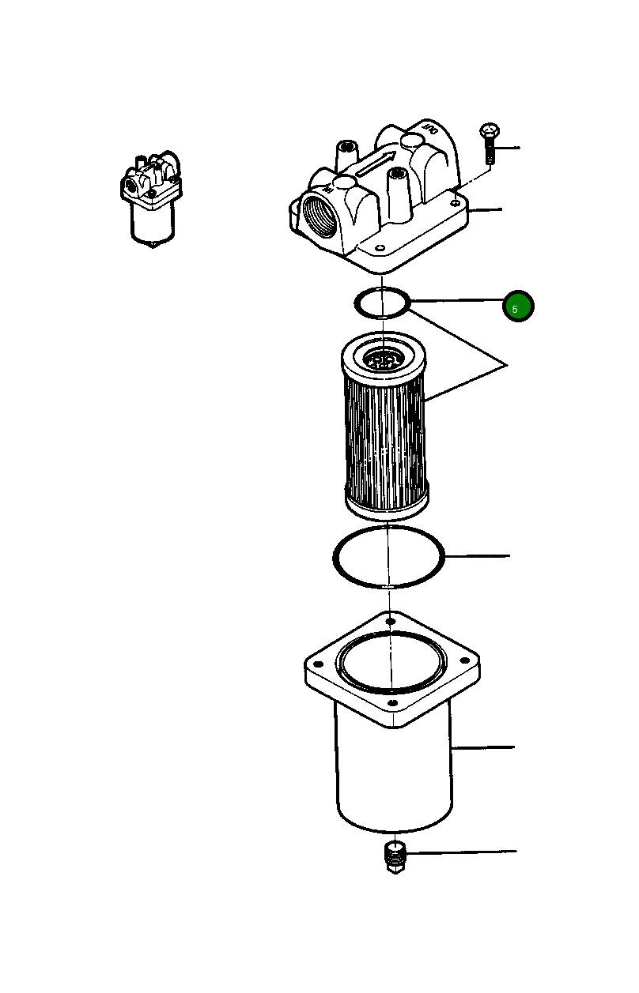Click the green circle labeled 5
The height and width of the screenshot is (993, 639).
click(518, 307)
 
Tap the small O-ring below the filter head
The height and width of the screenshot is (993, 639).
click(381, 302)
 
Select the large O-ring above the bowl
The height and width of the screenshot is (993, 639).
click(388, 557)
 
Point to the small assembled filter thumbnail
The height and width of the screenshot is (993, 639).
click(150, 197)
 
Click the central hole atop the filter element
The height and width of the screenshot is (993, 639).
click(384, 362)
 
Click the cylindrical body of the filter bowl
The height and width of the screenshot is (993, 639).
click(393, 774)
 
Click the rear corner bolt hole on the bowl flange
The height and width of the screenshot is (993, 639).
click(390, 623)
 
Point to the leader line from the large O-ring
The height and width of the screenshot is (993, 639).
click(478, 557)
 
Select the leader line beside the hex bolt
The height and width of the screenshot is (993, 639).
click(509, 148)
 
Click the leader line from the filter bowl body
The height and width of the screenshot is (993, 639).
click(484, 747)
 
